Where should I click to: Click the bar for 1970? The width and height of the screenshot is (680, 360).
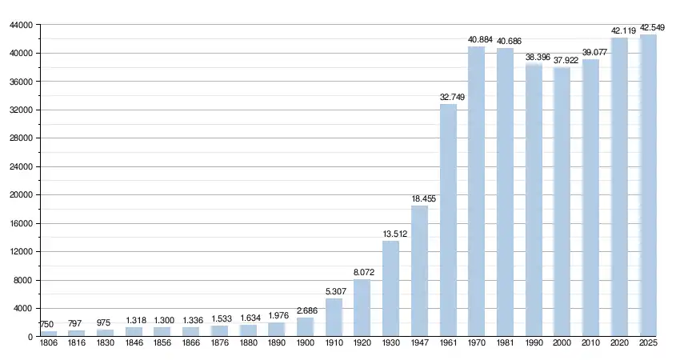476,191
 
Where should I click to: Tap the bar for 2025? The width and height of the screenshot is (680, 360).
648,186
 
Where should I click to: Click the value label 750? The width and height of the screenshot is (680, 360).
47,324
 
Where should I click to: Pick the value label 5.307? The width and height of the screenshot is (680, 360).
334,291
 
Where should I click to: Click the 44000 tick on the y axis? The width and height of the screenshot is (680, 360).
20,26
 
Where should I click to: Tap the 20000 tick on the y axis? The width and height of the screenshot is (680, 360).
20,195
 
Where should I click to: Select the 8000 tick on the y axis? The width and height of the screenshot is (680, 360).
22,280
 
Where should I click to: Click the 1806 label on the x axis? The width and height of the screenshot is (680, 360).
49,343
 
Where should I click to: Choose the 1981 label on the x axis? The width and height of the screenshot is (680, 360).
505,343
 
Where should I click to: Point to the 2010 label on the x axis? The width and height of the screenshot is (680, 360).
590,343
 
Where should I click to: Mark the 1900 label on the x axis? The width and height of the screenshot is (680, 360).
305,343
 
